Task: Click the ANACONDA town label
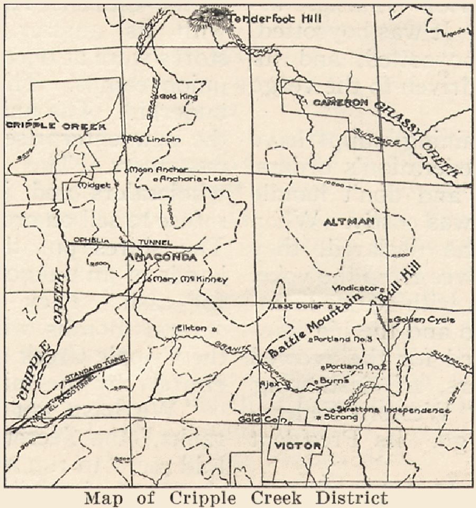[161, 258]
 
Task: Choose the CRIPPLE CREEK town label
[56, 126]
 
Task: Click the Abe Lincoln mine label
[155, 140]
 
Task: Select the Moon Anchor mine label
[159, 170]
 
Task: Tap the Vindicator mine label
[357, 288]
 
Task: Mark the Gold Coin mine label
[261, 420]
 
